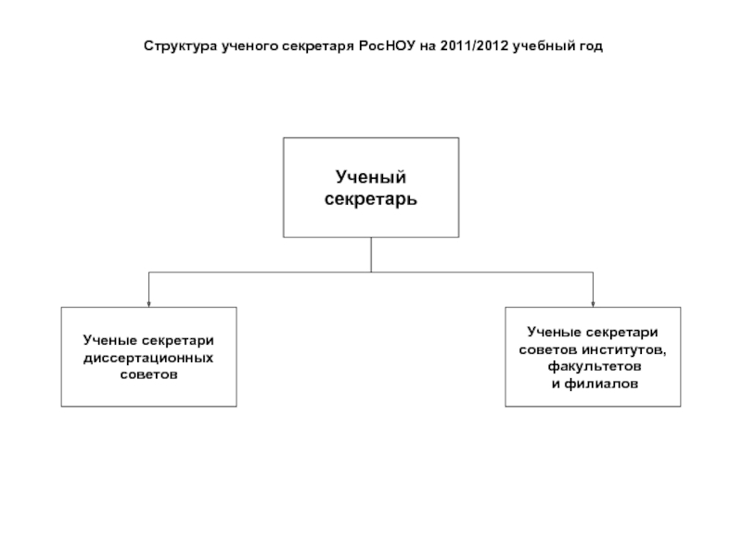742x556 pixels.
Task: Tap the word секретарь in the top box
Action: click(x=371, y=199)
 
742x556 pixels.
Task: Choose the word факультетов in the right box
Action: click(x=594, y=365)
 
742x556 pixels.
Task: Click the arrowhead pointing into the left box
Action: click(x=148, y=301)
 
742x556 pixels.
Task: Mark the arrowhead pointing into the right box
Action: click(x=594, y=301)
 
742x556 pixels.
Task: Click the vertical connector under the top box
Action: click(x=371, y=254)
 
